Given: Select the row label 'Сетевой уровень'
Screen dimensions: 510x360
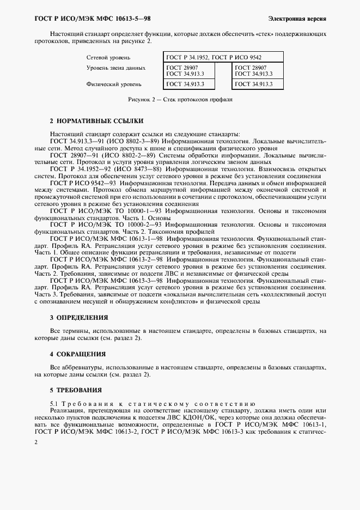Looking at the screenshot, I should pyautogui.click(x=108, y=57).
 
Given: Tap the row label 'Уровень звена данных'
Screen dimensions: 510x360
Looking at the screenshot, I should pyautogui.click(x=116, y=68).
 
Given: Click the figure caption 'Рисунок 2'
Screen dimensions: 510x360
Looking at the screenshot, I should pyautogui.click(x=179, y=100).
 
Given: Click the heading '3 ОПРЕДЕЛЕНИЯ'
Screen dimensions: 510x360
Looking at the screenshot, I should pyautogui.click(x=79, y=317).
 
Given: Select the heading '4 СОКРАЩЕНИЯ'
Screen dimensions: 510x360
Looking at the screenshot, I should pyautogui.click(x=77, y=354).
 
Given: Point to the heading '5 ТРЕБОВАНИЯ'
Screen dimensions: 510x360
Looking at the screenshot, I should pyautogui.click(x=76, y=391).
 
